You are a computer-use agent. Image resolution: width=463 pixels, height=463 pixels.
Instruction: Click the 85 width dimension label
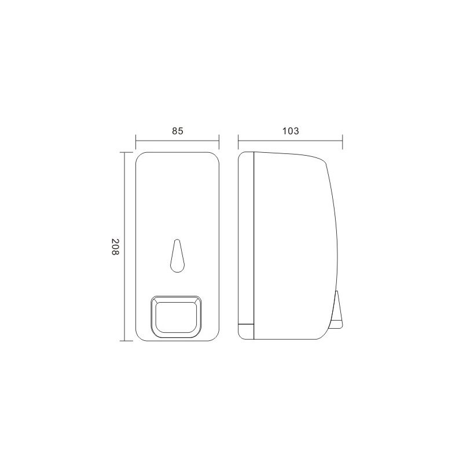(178, 131)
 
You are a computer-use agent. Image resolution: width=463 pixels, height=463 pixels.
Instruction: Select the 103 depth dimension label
(291, 131)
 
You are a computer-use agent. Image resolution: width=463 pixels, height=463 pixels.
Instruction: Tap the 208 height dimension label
(115, 247)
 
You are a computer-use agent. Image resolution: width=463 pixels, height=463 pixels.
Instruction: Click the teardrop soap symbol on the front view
(177, 256)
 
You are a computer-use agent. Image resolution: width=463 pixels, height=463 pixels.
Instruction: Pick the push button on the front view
(177, 317)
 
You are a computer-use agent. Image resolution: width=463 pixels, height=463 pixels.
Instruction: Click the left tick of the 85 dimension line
(136, 142)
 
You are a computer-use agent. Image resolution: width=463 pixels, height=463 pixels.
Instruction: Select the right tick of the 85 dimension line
(219, 142)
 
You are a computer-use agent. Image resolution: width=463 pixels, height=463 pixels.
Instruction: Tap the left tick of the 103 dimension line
(238, 142)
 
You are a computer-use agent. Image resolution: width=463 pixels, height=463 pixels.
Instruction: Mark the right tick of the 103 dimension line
(343, 142)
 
